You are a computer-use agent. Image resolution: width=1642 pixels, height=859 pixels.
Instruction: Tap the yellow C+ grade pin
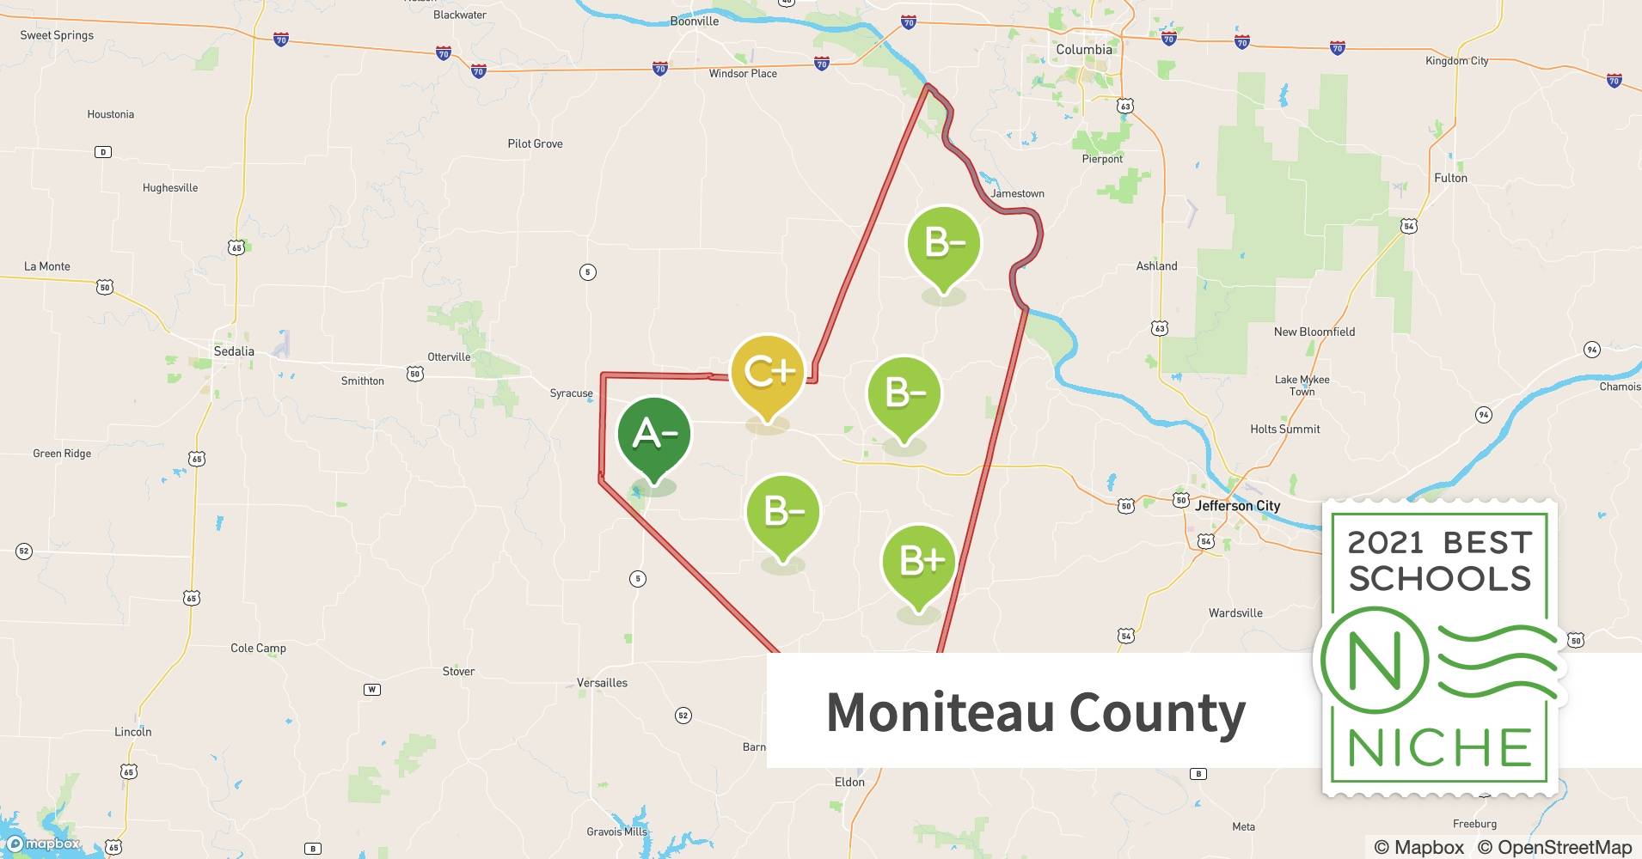point(767,373)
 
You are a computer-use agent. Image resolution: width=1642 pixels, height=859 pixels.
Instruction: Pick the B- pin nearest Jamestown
point(944,244)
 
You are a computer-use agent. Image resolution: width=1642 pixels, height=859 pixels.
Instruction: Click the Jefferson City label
point(1237,506)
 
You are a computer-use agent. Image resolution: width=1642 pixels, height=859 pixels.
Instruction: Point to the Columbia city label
point(1083,50)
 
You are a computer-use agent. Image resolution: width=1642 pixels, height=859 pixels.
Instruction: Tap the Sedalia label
point(234,351)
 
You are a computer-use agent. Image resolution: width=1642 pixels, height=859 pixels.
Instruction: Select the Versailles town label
point(602,683)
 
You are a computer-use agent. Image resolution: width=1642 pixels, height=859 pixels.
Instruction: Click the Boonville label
point(694,21)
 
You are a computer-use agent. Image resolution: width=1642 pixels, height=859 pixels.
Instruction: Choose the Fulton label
point(1450,178)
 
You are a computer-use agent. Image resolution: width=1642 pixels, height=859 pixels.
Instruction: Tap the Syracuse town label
point(571,393)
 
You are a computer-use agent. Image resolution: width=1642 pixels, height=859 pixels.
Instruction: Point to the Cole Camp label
point(258,648)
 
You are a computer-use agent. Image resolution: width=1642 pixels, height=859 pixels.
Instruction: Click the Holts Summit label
point(1284,429)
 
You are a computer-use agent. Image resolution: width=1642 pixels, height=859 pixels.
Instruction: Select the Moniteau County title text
point(1035,712)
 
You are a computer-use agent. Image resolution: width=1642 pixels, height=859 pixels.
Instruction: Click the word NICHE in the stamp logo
point(1439,747)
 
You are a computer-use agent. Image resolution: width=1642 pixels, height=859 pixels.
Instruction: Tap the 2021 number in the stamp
point(1385,543)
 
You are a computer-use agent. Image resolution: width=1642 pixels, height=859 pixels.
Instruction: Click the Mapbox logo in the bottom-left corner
point(43,844)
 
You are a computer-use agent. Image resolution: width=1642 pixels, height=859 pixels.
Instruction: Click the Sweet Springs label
point(57,35)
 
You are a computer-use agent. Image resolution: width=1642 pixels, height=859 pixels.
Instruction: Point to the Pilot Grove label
point(535,143)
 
